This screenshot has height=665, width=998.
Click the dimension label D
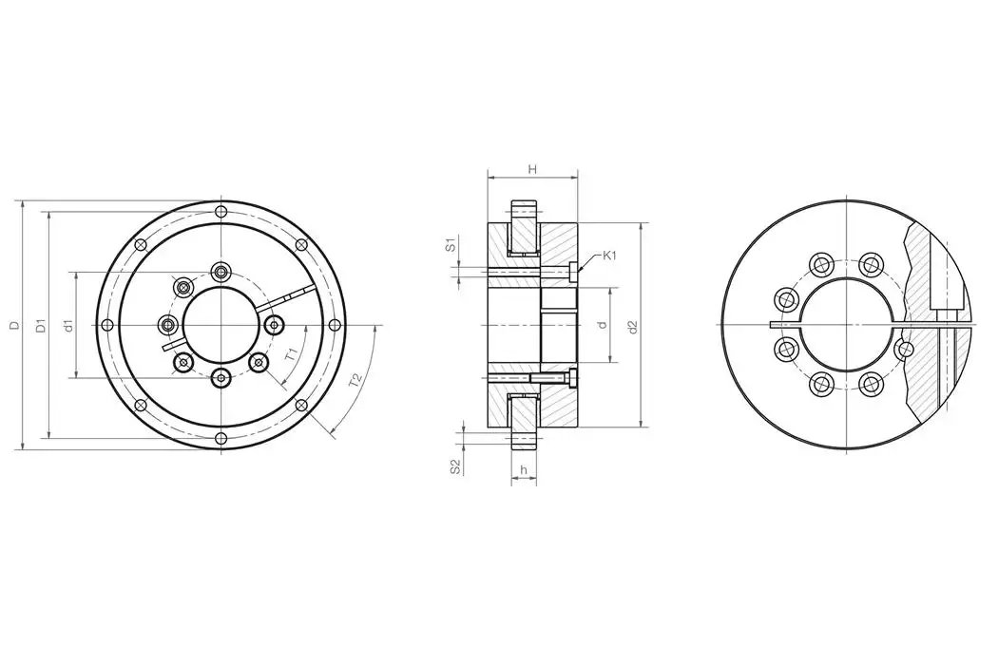click(x=14, y=325)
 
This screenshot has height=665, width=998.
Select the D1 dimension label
click(x=41, y=326)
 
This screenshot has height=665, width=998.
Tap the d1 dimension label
click(x=67, y=326)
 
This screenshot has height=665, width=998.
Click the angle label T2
click(x=355, y=380)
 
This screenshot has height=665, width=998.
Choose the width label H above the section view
click(x=532, y=169)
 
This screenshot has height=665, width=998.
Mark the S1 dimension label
click(x=452, y=245)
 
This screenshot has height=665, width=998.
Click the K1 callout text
click(x=611, y=256)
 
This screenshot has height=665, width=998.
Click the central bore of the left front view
click(x=221, y=325)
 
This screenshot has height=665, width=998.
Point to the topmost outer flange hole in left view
click(x=221, y=211)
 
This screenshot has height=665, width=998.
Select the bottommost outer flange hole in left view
click(x=221, y=438)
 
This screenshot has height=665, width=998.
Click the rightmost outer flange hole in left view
click(x=334, y=325)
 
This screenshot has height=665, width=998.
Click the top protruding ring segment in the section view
click(x=525, y=211)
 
